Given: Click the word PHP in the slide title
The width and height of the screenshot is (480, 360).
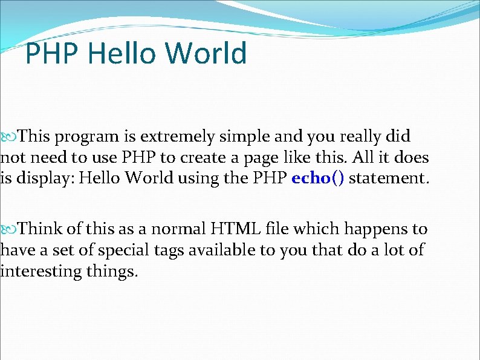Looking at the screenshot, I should click(x=53, y=53).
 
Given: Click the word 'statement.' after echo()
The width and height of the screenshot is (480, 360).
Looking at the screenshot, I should click(x=390, y=179).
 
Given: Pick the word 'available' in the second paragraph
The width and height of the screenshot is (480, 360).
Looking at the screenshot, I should click(x=222, y=250).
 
